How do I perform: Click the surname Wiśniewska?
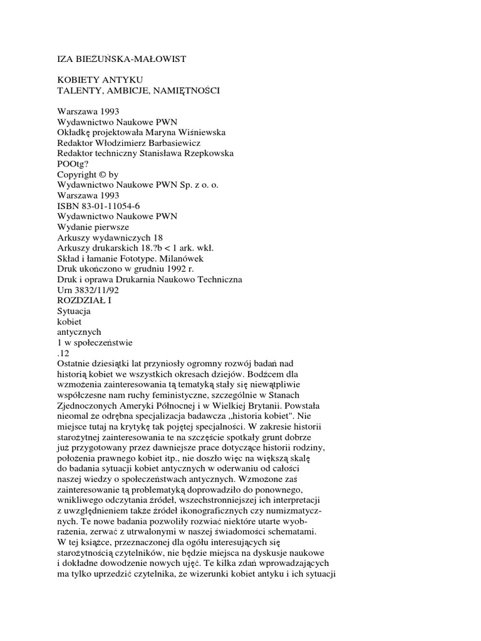tap(203, 132)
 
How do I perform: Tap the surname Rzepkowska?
tap(204, 153)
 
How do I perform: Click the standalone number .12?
tap(63, 352)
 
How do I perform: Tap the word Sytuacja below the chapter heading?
tap(74, 311)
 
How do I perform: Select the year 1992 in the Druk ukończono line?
tap(178, 269)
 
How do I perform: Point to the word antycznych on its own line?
tap(79, 332)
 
